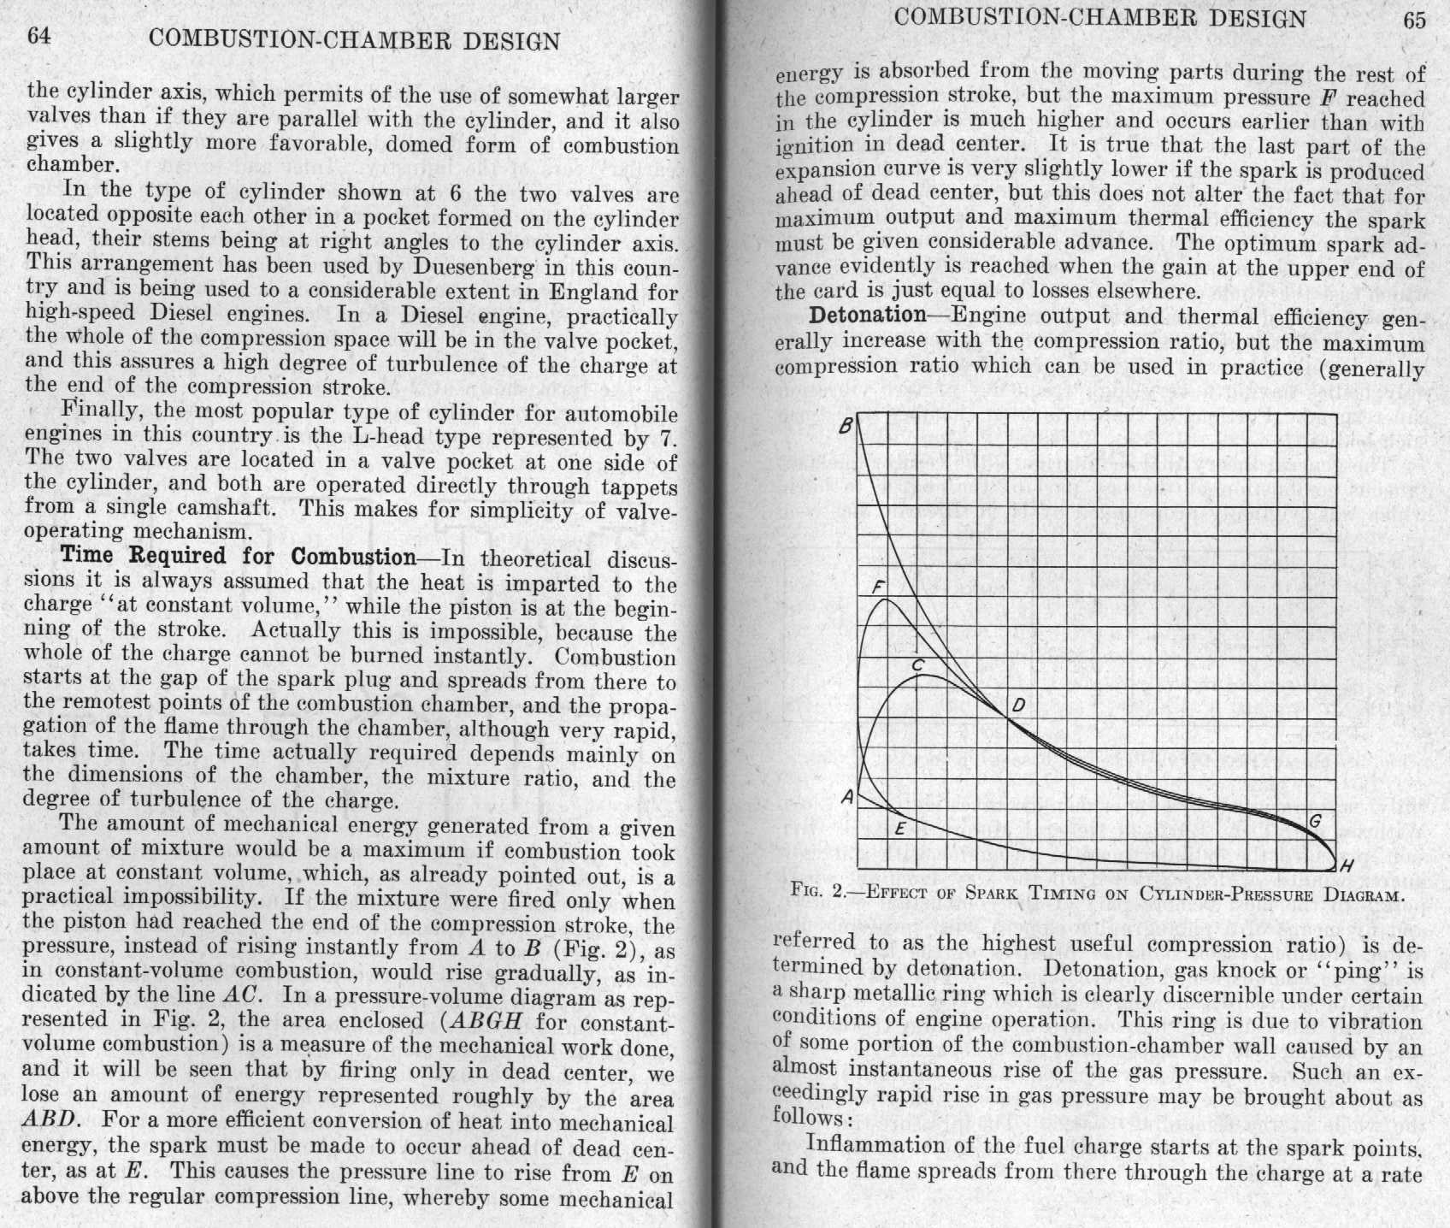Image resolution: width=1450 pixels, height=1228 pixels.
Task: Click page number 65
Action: click(x=1414, y=20)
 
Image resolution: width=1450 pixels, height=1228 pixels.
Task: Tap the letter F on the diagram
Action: click(x=877, y=587)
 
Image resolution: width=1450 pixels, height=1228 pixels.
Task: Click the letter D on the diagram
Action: click(x=1017, y=706)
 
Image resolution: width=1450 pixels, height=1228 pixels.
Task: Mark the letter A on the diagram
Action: click(x=847, y=797)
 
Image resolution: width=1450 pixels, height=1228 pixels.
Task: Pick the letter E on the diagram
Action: click(x=899, y=829)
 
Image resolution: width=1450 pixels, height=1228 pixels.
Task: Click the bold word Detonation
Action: click(x=867, y=316)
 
